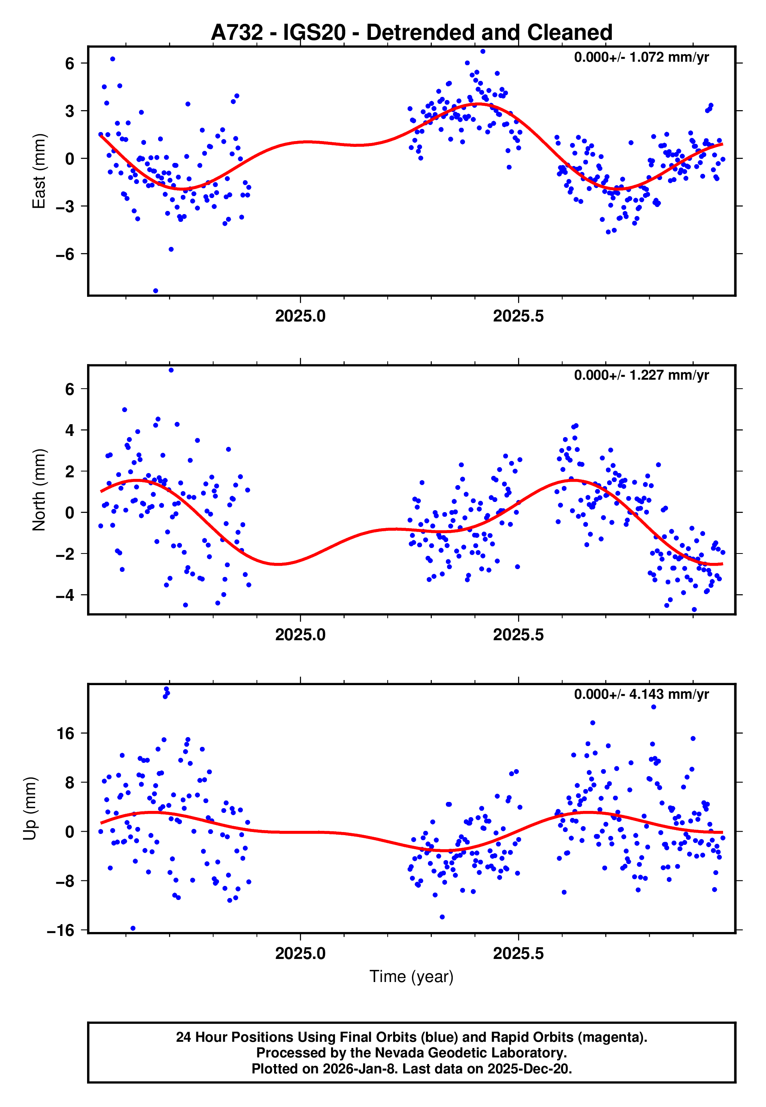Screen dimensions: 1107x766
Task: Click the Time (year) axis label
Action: click(412, 977)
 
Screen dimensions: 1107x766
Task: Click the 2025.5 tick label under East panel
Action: click(518, 316)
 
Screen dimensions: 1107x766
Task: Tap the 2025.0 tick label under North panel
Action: click(301, 635)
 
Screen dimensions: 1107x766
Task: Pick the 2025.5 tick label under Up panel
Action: click(518, 953)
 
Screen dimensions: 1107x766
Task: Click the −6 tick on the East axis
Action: click(65, 254)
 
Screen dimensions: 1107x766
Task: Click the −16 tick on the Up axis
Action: click(61, 930)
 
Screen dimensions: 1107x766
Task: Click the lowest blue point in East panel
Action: click(155, 291)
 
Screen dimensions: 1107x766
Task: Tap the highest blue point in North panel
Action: click(171, 370)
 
